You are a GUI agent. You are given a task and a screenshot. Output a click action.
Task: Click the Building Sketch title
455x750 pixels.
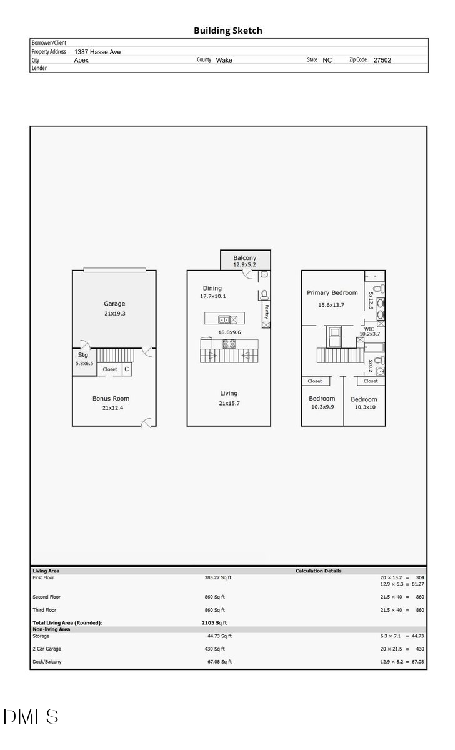point(227,31)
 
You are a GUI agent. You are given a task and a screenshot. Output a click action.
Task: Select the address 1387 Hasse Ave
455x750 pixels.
point(97,52)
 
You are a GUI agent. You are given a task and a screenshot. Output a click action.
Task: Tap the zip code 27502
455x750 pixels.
point(382,60)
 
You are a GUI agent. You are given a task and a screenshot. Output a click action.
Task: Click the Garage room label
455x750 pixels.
point(114,304)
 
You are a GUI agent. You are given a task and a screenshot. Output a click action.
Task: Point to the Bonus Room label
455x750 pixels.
point(111,398)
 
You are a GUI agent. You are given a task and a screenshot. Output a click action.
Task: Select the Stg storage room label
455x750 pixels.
point(83,355)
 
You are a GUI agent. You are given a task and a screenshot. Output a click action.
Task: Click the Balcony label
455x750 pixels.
point(245,258)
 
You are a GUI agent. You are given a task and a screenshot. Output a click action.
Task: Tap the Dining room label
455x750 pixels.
point(212,288)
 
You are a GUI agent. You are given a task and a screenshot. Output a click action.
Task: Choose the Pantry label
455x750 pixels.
point(266,311)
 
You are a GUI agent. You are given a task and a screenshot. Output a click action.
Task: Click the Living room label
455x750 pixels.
point(229,393)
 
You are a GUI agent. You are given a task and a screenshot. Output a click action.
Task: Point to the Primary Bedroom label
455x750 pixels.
point(332,292)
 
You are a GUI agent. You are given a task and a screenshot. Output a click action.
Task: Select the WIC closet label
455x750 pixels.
point(369,329)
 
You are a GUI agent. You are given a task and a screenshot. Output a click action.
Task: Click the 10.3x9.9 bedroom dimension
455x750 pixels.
point(322,407)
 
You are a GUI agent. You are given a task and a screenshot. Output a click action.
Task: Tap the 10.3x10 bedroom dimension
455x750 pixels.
point(364,407)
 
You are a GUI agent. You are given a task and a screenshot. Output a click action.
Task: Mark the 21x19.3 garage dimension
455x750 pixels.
point(115,314)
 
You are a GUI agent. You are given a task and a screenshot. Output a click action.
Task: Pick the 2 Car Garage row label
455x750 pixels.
point(47,649)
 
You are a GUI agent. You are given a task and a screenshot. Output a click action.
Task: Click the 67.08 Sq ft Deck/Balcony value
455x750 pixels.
point(219,662)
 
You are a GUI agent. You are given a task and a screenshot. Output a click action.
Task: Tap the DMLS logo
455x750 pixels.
point(31,716)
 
